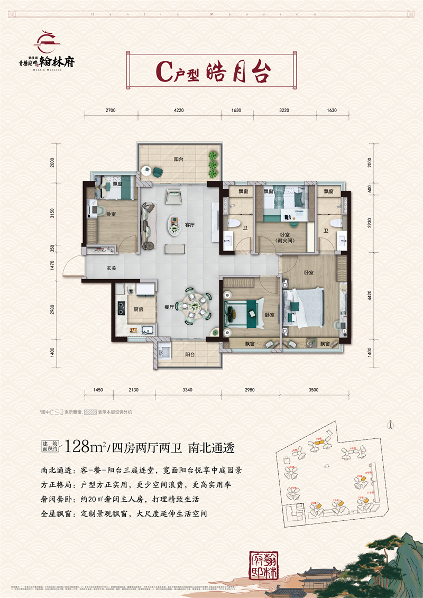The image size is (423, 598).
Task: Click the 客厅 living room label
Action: [x=190, y=225]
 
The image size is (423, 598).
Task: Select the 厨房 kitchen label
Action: [x=139, y=310]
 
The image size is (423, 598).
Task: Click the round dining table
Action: [x=193, y=306]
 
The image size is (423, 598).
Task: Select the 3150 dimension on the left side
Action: [x=52, y=213]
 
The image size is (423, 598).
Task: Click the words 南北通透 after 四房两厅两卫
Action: [x=211, y=447]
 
